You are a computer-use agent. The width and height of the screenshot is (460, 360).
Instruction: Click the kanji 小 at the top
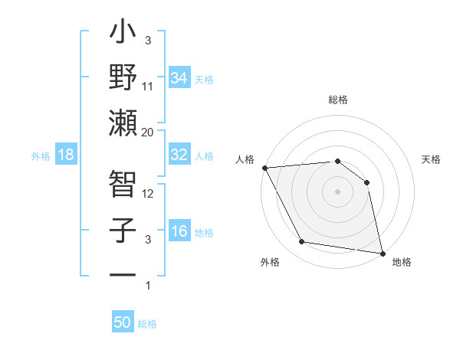tap(123, 34)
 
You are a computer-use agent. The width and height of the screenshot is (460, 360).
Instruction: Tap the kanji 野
tap(123, 79)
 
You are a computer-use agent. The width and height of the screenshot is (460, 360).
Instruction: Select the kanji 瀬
tap(123, 123)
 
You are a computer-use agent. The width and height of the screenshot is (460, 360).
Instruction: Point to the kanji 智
tap(123, 185)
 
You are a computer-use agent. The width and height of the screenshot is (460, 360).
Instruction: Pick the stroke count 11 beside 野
tap(148, 87)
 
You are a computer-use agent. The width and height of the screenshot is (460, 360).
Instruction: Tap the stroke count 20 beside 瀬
tap(148, 132)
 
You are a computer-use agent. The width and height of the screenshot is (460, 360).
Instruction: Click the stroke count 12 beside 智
tap(148, 194)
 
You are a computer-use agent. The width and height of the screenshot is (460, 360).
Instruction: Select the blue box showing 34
tap(179, 77)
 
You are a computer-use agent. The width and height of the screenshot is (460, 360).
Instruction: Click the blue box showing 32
tap(179, 154)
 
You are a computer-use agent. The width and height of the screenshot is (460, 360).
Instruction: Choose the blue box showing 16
tap(179, 231)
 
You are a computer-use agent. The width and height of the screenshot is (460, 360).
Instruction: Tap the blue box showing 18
tap(65, 155)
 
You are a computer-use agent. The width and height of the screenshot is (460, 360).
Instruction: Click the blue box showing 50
tap(123, 322)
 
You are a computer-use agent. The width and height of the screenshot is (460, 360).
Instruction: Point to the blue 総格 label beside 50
tap(147, 324)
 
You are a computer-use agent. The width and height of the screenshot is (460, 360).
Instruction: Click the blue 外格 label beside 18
tap(41, 156)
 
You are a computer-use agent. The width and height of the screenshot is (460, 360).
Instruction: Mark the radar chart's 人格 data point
tap(264, 168)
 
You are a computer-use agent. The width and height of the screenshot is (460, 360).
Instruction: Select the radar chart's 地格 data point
tap(382, 253)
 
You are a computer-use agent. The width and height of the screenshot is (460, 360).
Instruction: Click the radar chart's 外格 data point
tap(302, 242)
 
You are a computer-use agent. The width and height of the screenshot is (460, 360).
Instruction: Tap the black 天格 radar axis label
tap(432, 159)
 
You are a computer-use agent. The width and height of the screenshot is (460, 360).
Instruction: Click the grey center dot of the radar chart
tap(337, 191)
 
